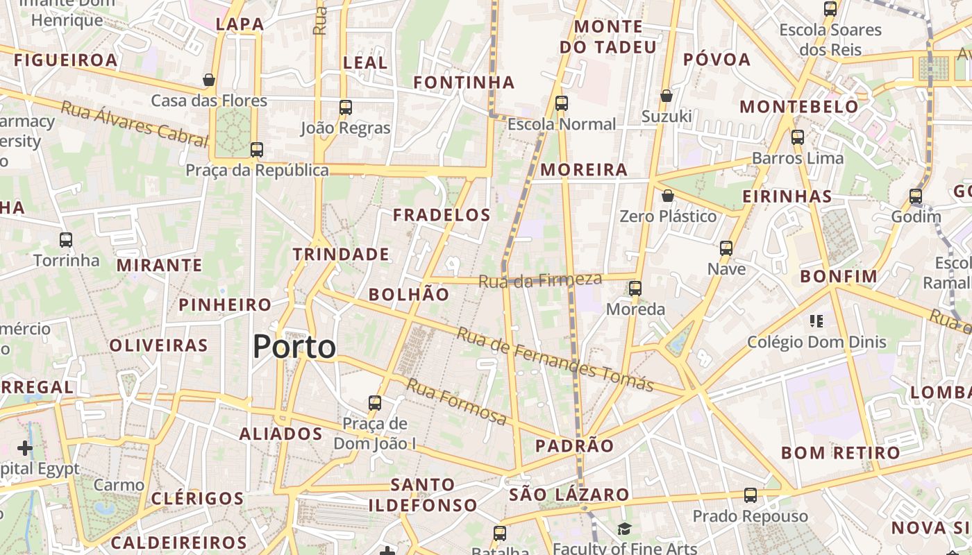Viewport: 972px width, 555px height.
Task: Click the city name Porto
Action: (294, 346)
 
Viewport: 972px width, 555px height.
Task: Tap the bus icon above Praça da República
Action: (257, 149)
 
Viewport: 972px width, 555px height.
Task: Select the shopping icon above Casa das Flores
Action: (209, 80)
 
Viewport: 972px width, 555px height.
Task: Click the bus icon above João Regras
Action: (346, 108)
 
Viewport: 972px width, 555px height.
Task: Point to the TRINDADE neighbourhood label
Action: (341, 255)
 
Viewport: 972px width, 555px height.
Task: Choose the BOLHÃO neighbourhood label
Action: (409, 294)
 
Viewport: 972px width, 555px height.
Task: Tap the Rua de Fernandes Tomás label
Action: (555, 359)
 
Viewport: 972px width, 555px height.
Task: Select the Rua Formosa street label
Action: (457, 402)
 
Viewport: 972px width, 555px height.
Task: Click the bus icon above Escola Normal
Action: (562, 103)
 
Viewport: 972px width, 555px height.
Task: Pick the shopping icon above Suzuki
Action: (667, 96)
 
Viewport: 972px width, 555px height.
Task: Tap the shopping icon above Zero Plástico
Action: (668, 196)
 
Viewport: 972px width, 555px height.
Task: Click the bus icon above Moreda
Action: (635, 288)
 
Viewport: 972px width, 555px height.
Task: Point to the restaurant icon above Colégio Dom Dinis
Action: (816, 321)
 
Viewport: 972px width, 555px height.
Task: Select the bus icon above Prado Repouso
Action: (751, 495)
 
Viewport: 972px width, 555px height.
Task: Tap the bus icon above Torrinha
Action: (66, 240)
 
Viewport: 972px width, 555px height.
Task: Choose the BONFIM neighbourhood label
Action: (839, 276)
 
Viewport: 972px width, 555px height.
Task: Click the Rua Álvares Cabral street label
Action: (135, 124)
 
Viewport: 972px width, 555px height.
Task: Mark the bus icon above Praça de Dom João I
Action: (375, 402)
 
